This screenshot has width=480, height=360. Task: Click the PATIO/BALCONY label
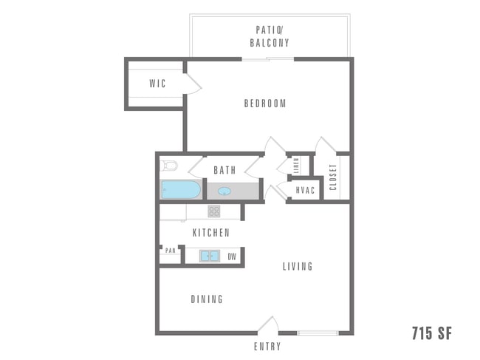point(270,36)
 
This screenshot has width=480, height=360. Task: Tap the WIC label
point(157,84)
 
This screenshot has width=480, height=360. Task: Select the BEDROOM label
point(265,103)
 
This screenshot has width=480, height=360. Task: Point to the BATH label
point(224,170)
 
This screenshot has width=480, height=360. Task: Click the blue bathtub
point(181,190)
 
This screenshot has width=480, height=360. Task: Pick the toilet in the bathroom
point(169,165)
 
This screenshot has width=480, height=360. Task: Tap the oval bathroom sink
point(224,191)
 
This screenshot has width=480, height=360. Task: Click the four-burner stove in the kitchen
point(214,211)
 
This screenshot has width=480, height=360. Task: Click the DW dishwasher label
point(232,257)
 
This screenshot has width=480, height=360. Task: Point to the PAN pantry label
point(171,251)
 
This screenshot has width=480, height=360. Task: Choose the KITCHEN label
point(211,233)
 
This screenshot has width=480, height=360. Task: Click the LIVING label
point(298,266)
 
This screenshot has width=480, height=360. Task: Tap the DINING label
point(207,299)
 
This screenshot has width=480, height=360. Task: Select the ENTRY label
point(267,346)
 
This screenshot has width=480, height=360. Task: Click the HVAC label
point(305,191)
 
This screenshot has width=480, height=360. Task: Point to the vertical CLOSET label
point(333,177)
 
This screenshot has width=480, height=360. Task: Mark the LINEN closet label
point(295,167)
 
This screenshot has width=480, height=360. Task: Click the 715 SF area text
point(431,334)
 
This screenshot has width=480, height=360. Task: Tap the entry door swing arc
point(269,323)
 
